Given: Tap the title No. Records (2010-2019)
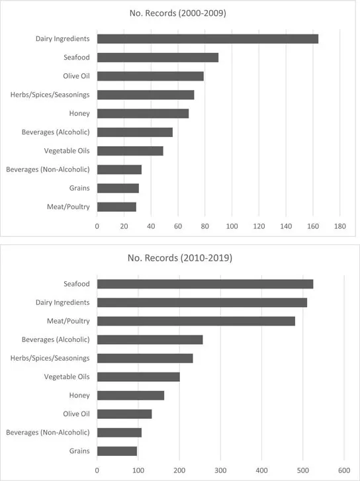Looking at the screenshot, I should coord(179,257).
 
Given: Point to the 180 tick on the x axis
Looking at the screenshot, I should coord(339,226).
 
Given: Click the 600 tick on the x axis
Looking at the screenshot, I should coord(344,470).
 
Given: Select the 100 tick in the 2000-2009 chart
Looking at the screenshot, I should coord(232,226).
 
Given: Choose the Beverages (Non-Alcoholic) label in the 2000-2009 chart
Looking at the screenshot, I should coord(48,169).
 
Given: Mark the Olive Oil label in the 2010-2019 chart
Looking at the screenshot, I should coord(75,414).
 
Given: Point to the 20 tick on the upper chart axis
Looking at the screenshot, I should coord(124,226).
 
